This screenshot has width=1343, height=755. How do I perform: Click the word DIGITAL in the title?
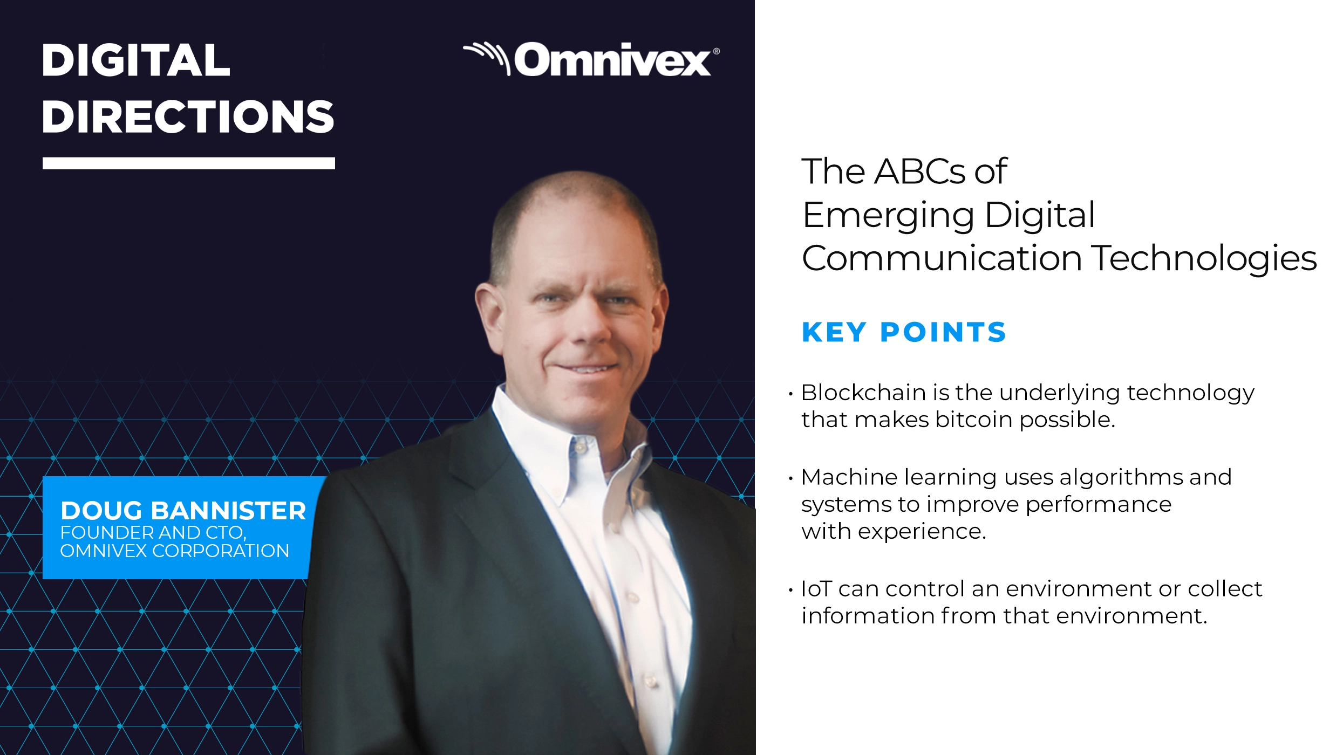[x=136, y=60]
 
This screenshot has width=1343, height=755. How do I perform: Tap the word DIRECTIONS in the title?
[x=188, y=117]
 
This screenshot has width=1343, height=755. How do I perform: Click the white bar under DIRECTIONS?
[x=188, y=163]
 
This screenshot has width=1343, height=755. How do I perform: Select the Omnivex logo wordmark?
[x=612, y=60]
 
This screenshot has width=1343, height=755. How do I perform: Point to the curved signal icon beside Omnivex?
[x=488, y=56]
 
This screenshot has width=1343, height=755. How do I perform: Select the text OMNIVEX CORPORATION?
[x=174, y=551]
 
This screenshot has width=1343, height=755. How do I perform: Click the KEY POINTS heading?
[x=904, y=332]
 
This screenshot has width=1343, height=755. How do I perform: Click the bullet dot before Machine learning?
[x=790, y=478]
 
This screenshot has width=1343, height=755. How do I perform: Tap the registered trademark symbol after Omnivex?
[x=716, y=52]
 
